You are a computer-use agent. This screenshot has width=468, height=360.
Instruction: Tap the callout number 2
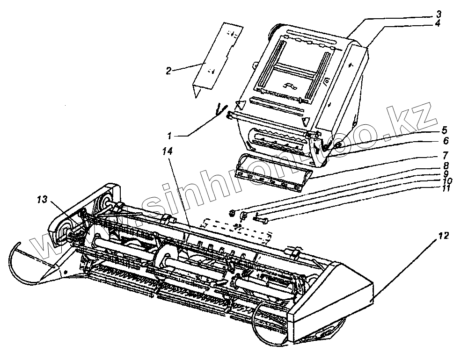click(x=168, y=71)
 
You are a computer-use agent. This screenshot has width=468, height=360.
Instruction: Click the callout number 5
click(x=444, y=129)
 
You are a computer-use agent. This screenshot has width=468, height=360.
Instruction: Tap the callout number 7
click(x=445, y=154)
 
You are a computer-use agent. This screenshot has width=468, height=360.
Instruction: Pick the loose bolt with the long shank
click(x=262, y=220)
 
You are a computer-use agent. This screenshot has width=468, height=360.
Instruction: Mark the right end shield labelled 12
click(x=332, y=299)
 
